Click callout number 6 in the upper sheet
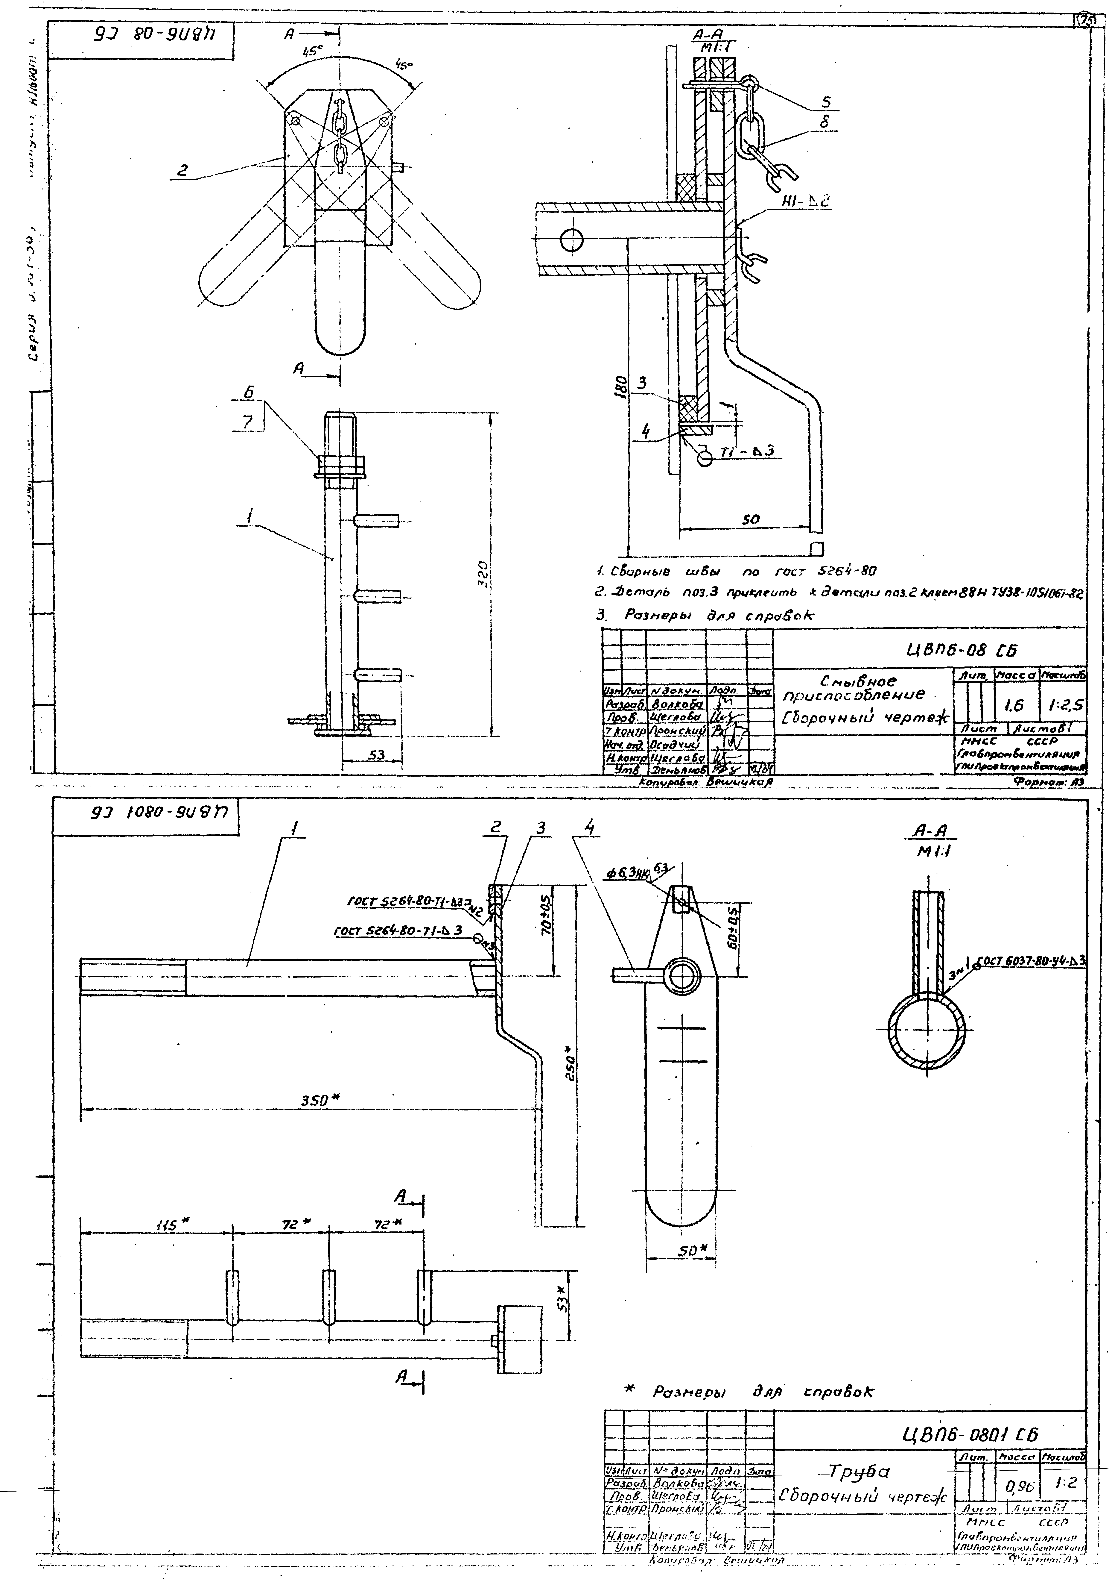[248, 391]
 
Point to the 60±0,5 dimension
[733, 931]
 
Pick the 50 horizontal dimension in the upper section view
[750, 520]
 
